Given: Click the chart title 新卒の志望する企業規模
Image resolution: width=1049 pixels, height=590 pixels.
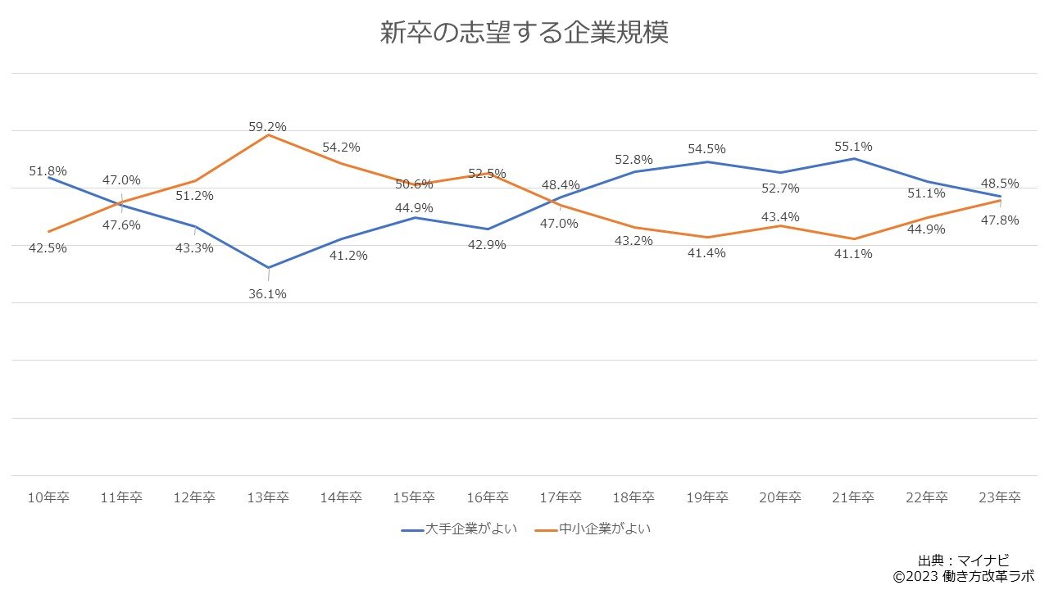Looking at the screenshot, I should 524,33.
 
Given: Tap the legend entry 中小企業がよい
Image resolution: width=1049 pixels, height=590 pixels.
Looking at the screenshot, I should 605,529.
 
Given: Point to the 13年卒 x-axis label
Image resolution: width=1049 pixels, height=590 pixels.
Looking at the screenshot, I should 268,497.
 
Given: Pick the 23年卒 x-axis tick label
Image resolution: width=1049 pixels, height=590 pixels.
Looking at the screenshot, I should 1000,497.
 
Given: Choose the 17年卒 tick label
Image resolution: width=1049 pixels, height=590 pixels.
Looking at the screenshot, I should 561,497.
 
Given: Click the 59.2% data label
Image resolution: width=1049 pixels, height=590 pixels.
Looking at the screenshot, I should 267,127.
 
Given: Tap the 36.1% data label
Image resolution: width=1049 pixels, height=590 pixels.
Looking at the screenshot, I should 267,293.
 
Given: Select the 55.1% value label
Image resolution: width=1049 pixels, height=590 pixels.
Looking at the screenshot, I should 853,147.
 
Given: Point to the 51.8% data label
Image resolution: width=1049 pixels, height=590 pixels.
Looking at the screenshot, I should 48,171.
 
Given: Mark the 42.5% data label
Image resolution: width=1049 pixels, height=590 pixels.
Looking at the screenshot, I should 48,247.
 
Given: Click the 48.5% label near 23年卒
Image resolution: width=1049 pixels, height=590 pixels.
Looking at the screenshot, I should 1000,184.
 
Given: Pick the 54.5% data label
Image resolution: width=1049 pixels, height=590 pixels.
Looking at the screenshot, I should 706,149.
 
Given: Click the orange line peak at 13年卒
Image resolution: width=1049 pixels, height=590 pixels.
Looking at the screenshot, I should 268,135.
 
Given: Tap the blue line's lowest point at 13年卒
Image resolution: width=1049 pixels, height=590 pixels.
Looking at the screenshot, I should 268,267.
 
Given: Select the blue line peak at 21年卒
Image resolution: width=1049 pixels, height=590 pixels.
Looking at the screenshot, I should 854,158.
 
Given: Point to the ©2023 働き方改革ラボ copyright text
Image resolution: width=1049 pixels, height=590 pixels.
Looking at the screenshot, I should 963,576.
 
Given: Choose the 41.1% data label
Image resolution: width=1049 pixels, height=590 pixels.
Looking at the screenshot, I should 853,254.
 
